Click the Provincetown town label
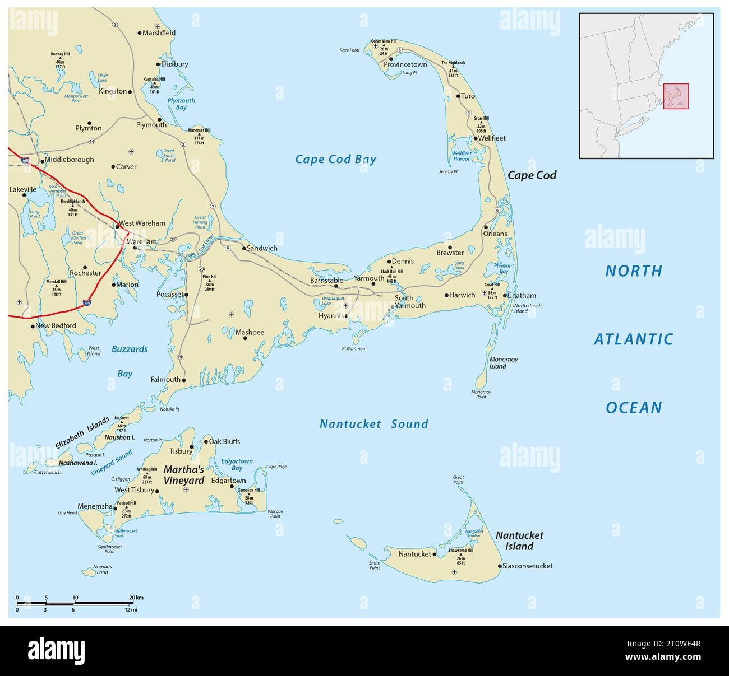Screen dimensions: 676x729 click(x=405, y=64)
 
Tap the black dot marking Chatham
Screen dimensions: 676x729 click(x=505, y=296)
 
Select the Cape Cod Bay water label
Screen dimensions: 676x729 click(x=336, y=160)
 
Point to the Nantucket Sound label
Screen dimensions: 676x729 click(x=373, y=424)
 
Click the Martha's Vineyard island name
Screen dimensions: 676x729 click(x=183, y=474)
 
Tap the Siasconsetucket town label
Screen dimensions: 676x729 click(x=528, y=566)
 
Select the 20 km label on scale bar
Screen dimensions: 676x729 click(x=136, y=598)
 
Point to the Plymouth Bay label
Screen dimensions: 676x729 click(x=181, y=104)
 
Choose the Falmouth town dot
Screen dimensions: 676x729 click(x=184, y=380)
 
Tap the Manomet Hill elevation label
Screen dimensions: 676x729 click(x=199, y=137)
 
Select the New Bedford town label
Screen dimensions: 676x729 click(x=56, y=325)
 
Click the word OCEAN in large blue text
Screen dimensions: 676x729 click(x=634, y=408)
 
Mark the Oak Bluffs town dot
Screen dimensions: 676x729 click(x=204, y=441)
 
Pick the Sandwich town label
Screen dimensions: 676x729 click(x=262, y=248)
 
